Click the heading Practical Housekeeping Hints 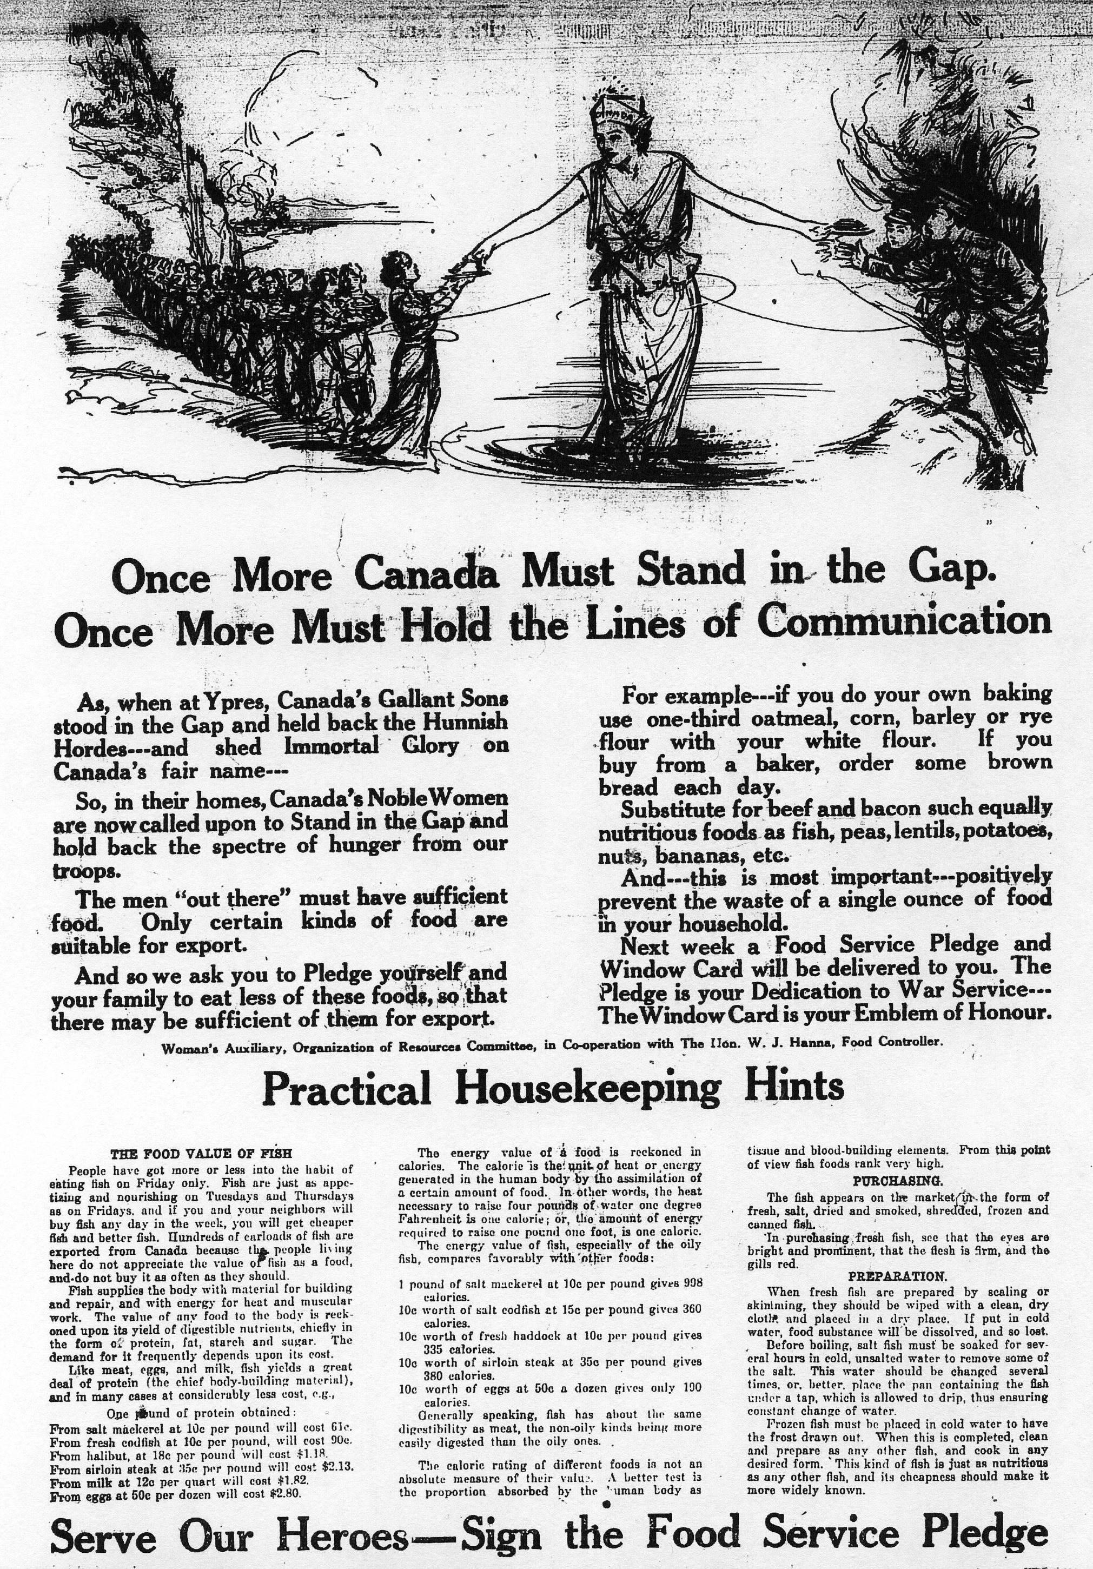tap(552, 1087)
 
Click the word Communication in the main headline tap(905, 623)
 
